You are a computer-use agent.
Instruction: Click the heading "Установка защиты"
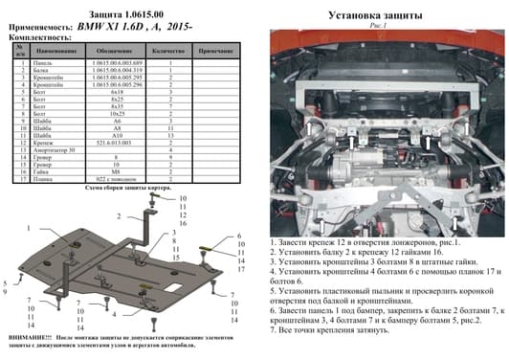tap(379, 14)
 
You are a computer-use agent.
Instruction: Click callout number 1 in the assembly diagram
tap(30, 229)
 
